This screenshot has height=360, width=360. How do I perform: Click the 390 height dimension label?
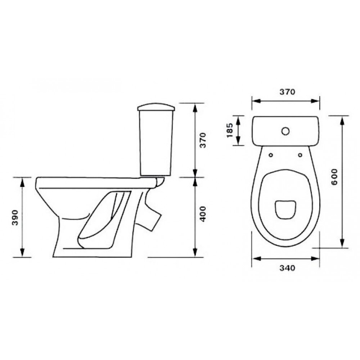(x=15, y=217)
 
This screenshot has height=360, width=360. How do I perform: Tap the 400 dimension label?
(x=203, y=214)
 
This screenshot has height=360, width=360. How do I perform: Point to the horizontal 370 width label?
(x=287, y=92)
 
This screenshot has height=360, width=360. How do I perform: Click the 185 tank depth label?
(x=230, y=131)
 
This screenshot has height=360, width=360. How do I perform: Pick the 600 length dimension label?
(x=334, y=177)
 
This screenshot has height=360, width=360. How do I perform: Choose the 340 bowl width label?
(x=287, y=268)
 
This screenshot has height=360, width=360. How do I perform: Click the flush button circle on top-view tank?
(x=285, y=131)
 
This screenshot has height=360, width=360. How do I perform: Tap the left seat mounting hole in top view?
(x=271, y=155)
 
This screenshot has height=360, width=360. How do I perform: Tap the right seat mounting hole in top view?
(x=300, y=155)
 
